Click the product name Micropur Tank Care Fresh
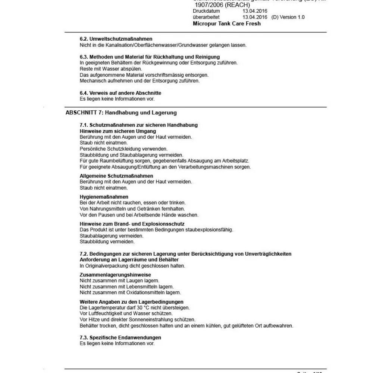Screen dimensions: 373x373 (x=227, y=23)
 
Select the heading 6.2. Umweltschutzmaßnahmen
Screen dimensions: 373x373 (x=116, y=39)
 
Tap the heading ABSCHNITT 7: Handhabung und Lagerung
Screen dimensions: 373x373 (x=121, y=113)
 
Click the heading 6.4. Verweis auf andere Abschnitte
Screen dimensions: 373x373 (x=120, y=93)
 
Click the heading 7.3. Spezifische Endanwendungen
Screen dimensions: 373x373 (x=120, y=338)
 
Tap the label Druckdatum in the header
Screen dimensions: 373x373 (x=206, y=11)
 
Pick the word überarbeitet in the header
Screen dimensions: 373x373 (x=206, y=17)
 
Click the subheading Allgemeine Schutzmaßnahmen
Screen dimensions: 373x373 (x=116, y=176)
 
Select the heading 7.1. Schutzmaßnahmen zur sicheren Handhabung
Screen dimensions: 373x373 (x=139, y=125)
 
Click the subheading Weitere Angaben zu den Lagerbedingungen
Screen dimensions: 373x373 (x=132, y=302)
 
